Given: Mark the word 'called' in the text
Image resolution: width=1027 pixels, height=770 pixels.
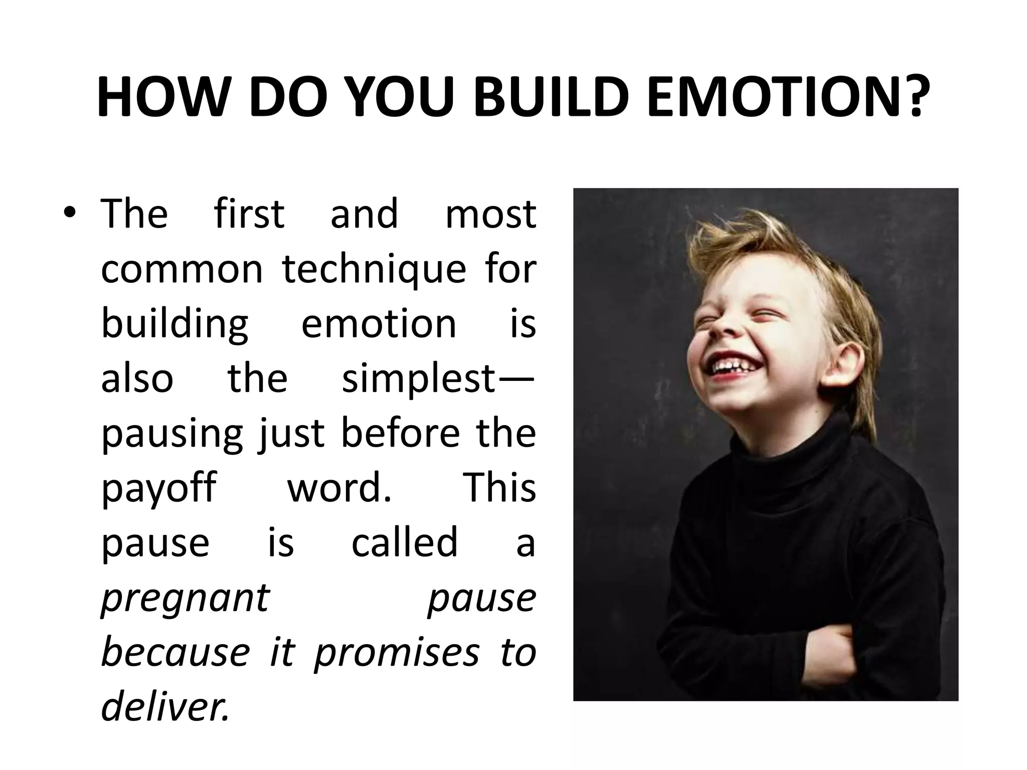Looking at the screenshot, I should (404, 543).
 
